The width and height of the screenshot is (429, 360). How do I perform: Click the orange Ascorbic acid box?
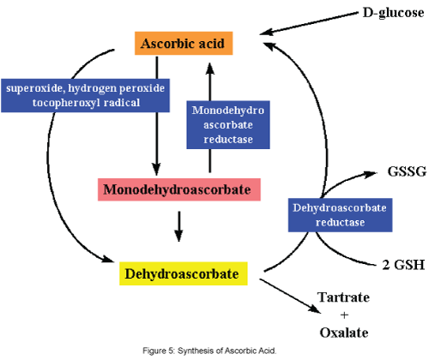tap(184, 43)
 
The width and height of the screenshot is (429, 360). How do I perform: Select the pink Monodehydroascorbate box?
tap(179, 189)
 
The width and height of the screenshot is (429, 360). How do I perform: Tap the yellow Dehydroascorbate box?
tap(184, 273)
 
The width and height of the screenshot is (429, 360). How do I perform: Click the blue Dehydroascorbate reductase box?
tap(340, 215)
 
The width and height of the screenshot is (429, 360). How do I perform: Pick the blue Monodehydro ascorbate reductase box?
tap(228, 124)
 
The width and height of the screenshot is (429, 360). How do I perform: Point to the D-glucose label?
tap(393, 13)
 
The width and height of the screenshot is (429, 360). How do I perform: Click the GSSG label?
tap(407, 171)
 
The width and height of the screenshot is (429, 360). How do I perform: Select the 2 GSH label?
tap(403, 265)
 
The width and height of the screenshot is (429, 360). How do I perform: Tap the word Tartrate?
tap(343, 297)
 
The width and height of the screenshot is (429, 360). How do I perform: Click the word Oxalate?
tap(344, 333)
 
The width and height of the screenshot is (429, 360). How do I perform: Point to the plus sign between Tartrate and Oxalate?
tap(344, 315)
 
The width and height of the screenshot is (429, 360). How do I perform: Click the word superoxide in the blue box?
tap(34, 88)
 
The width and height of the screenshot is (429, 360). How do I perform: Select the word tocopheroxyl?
tap(66, 103)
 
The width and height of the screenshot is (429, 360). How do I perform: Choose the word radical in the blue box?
tap(122, 102)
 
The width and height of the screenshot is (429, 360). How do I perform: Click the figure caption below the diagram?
tap(209, 351)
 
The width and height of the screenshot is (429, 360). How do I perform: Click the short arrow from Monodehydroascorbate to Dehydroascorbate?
tap(178, 226)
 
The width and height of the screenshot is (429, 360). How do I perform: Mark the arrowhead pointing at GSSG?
tap(371, 173)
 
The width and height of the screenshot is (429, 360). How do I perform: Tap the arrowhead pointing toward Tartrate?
tap(315, 309)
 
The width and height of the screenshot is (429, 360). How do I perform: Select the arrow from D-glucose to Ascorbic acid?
tap(309, 23)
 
